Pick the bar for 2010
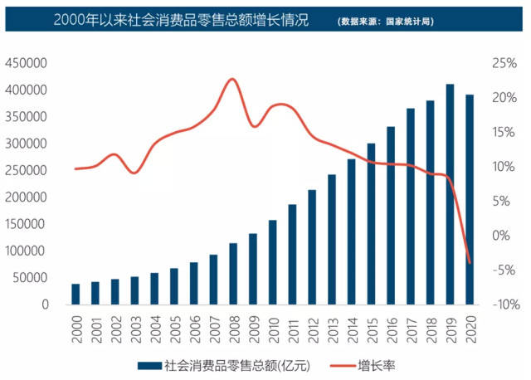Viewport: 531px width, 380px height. (x=272, y=262)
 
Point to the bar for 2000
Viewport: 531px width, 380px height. (x=76, y=294)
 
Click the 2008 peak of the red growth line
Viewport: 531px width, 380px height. (x=232, y=80)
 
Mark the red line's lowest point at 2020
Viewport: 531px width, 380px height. (x=470, y=263)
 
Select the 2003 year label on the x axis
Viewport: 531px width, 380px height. (x=135, y=329)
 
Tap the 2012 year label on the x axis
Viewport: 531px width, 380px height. (x=313, y=329)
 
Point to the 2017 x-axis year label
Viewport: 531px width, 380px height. (x=412, y=329)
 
